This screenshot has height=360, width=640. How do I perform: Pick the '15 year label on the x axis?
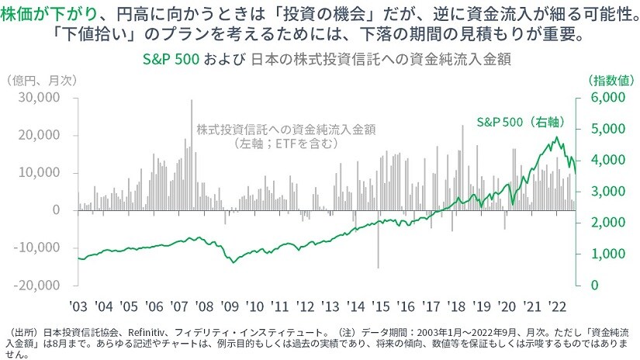[382, 304]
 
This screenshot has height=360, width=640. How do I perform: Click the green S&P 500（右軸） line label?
[518, 122]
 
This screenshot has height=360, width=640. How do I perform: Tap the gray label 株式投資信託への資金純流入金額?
[286, 129]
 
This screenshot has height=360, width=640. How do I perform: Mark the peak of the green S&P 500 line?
[556, 138]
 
